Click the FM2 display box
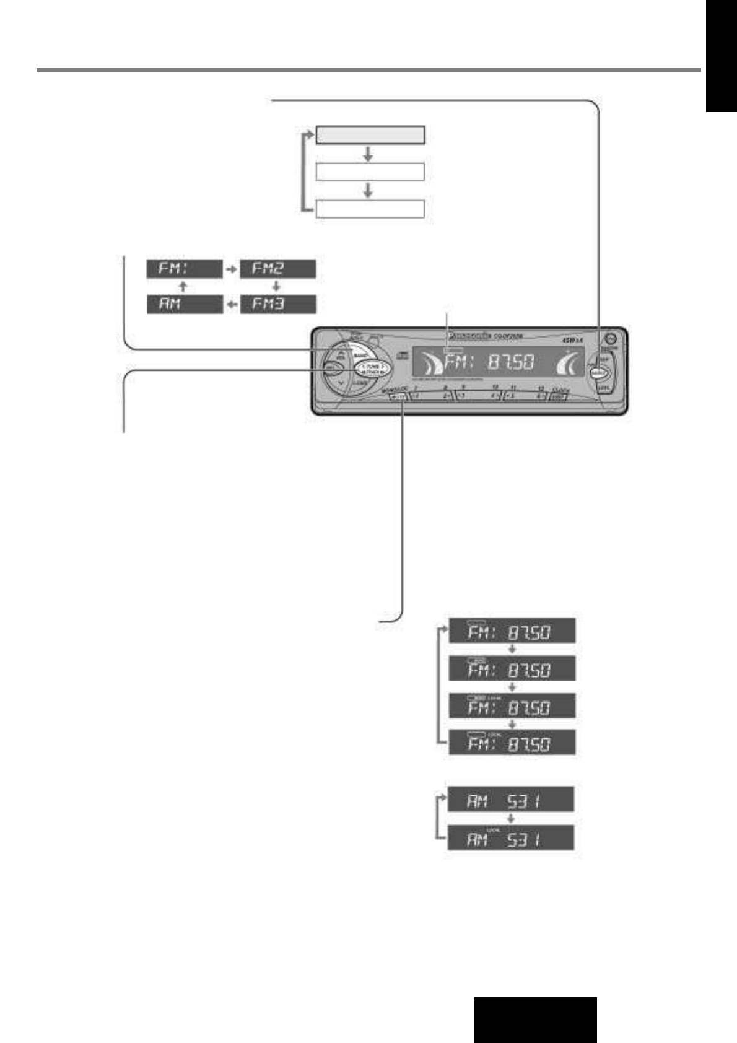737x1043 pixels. coord(277,269)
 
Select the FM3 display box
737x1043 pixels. coord(277,305)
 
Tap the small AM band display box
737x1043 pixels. coord(184,305)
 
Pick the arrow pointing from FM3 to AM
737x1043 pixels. coord(231,305)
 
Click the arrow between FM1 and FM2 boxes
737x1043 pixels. coord(230,269)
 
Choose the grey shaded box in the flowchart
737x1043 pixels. coord(370,134)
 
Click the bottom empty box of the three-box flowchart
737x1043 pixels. coord(370,209)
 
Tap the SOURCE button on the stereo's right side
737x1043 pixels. coord(598,373)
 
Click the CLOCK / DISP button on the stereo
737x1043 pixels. coord(559,397)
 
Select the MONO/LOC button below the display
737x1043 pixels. coord(395,396)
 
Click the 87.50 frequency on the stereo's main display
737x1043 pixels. coord(509,364)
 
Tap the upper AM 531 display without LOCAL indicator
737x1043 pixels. coord(511,800)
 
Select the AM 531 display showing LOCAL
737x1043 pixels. coord(511,838)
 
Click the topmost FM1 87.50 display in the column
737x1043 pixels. coord(512,631)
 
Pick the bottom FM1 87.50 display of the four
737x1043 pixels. coord(512,742)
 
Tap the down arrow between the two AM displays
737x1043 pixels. coord(511,819)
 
